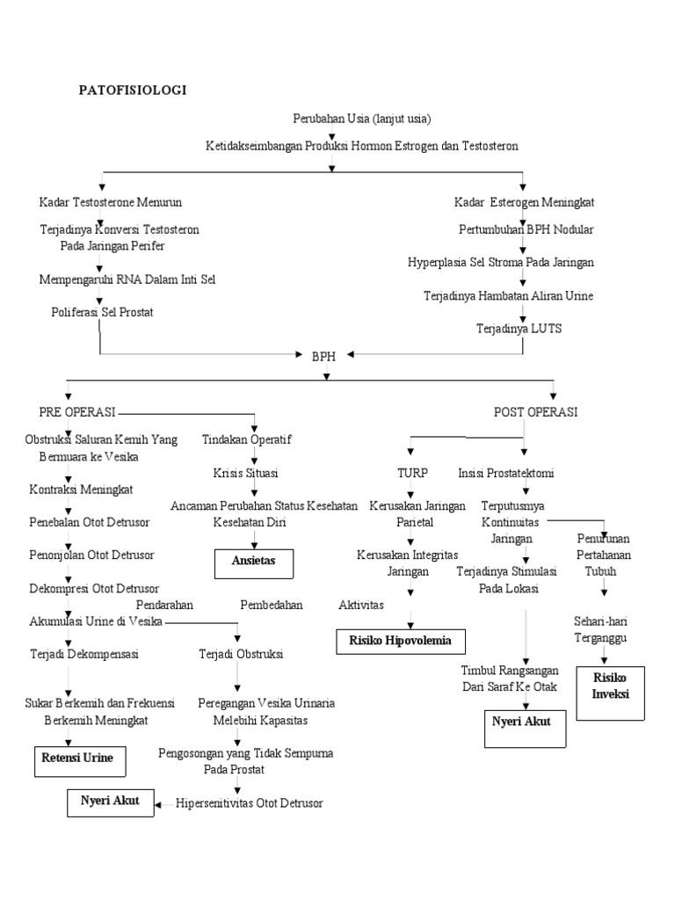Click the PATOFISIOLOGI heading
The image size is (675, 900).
tap(134, 90)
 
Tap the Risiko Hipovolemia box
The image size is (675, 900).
tap(401, 642)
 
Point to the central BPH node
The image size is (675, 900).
tap(324, 356)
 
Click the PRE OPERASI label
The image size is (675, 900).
tap(77, 411)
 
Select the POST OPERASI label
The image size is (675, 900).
tap(535, 411)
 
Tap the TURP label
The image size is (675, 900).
tap(412, 473)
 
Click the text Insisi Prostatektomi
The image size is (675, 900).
tap(506, 473)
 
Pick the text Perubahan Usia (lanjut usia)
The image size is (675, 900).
tap(362, 118)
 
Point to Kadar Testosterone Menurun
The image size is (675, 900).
tap(111, 202)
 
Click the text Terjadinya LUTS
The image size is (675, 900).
tap(519, 328)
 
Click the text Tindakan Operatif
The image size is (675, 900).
tap(247, 439)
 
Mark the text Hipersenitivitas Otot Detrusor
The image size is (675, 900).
tap(250, 802)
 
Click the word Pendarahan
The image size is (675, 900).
tap(164, 605)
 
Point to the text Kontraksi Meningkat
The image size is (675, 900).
tap(81, 489)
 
